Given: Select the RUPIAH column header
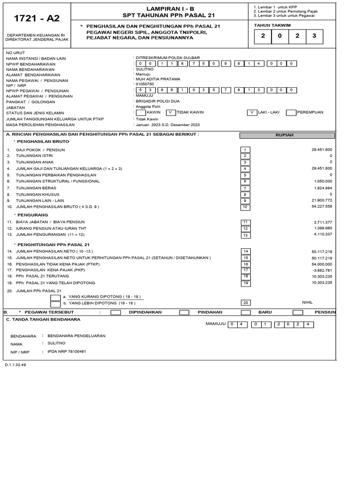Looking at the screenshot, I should (x=287, y=135).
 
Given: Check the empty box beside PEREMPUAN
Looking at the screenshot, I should (x=291, y=112).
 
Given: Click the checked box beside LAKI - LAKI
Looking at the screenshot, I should (x=252, y=112).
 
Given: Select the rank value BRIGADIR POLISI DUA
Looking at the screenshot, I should (x=157, y=101).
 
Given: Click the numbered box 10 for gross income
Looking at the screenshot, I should (x=245, y=207).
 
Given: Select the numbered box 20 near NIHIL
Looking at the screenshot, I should (x=245, y=303).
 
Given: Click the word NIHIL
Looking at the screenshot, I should (x=307, y=303).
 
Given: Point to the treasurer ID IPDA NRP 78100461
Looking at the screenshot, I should (x=67, y=352).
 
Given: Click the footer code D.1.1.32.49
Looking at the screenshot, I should (x=16, y=365).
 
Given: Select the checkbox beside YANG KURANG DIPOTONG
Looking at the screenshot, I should (x=55, y=297).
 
